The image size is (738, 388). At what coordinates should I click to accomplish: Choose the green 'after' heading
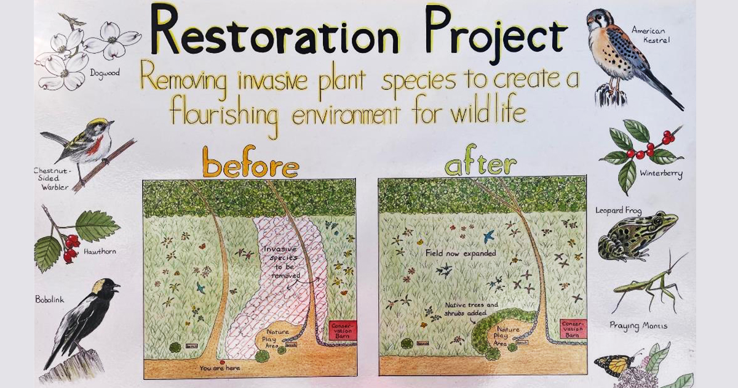point(480,165)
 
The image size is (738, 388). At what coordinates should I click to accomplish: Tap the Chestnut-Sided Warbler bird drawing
point(86,145)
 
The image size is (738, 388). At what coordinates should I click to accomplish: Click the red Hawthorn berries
point(70,246)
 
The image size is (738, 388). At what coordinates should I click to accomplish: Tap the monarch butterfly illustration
point(615,365)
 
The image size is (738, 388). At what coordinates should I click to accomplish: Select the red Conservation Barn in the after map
point(573,330)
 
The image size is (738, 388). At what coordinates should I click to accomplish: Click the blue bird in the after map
point(488,235)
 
